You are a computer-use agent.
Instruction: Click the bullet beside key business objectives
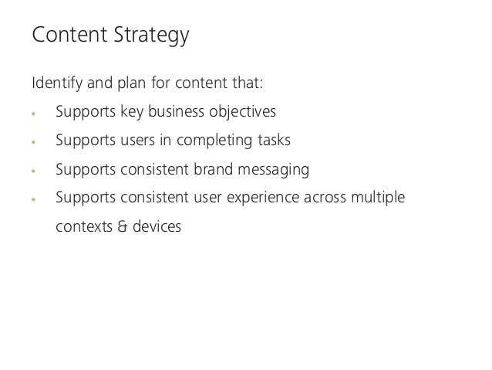tap(33, 114)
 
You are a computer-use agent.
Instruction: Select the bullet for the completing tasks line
tap(33, 142)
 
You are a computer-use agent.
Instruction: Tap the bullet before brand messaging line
tap(33, 171)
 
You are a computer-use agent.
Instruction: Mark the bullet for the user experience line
tap(33, 199)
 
